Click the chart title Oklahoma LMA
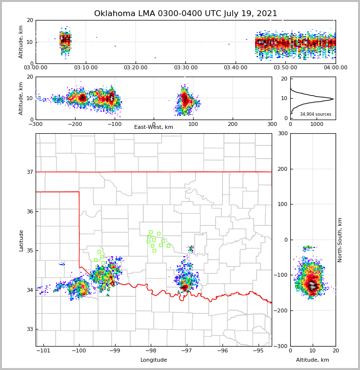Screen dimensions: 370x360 (185, 14)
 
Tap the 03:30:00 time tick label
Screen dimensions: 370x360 (186, 68)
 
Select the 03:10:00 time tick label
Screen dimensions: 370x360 (86, 68)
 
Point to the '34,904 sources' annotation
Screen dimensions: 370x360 (316, 114)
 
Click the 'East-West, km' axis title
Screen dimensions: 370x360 (154, 127)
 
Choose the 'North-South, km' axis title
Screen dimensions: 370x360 (340, 240)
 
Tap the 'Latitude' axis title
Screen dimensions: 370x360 (21, 240)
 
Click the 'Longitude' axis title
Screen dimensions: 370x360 (154, 360)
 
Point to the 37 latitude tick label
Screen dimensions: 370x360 (30, 172)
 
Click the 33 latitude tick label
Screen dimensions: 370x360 (30, 329)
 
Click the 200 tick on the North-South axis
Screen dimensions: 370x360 (281, 169)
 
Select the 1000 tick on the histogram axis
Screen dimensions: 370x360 (317, 124)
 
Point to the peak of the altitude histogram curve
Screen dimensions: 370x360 (333, 99)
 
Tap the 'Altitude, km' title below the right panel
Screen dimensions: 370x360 (313, 360)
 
